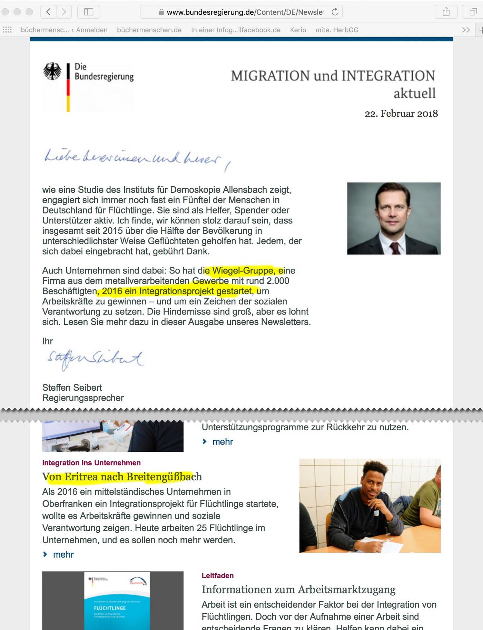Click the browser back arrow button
click(49, 12)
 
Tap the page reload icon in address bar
click(335, 12)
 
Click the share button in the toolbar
click(446, 12)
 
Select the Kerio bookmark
click(298, 30)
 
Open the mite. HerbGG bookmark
click(337, 30)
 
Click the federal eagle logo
click(52, 71)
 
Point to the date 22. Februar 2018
click(401, 113)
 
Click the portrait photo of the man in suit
click(394, 218)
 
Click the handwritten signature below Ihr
click(95, 359)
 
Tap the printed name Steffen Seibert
click(72, 388)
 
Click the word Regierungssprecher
click(83, 398)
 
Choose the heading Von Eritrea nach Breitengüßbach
click(122, 477)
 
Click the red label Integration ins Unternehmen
click(91, 463)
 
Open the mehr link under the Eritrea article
click(63, 554)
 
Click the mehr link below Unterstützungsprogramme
click(223, 442)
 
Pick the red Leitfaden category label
click(218, 576)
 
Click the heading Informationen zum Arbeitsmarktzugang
click(298, 590)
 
